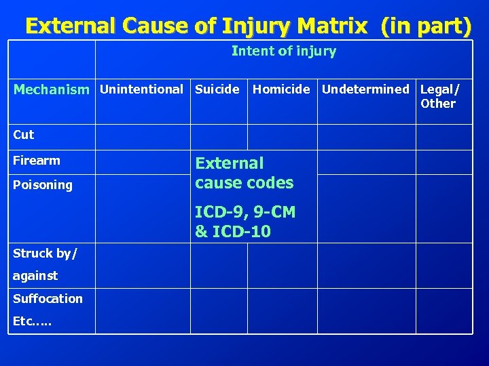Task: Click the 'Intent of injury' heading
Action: click(x=283, y=52)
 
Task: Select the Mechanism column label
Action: click(x=51, y=89)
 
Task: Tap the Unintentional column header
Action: click(x=142, y=89)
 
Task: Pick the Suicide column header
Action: click(x=217, y=89)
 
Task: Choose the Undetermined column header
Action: click(x=365, y=89)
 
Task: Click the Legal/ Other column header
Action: click(x=439, y=96)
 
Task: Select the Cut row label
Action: click(x=24, y=135)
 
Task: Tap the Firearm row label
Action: click(x=37, y=161)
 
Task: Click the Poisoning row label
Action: click(x=43, y=185)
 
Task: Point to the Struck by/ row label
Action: click(x=45, y=253)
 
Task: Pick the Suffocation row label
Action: click(x=48, y=299)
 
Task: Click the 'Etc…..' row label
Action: click(x=33, y=321)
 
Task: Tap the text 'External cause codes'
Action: click(x=244, y=173)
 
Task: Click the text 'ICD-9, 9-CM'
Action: click(x=245, y=212)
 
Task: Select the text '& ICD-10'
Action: click(x=233, y=232)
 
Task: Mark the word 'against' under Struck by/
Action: click(x=35, y=276)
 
